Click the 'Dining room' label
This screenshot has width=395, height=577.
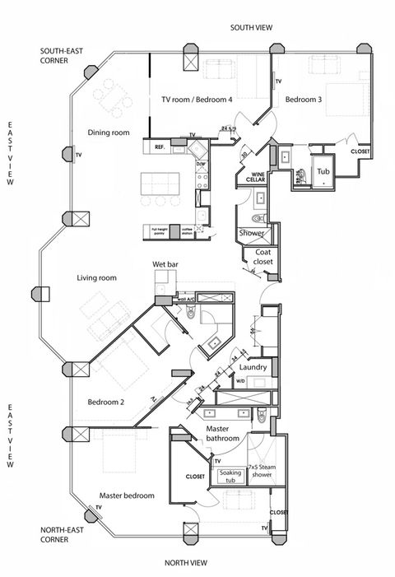(109, 133)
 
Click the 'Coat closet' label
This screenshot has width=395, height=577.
(263, 258)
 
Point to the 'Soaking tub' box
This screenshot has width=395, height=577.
(230, 476)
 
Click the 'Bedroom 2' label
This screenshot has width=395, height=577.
(105, 402)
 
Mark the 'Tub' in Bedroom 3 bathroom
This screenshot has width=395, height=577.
(323, 173)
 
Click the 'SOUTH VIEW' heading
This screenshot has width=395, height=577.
(251, 28)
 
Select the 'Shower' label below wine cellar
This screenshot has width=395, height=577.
(252, 233)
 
